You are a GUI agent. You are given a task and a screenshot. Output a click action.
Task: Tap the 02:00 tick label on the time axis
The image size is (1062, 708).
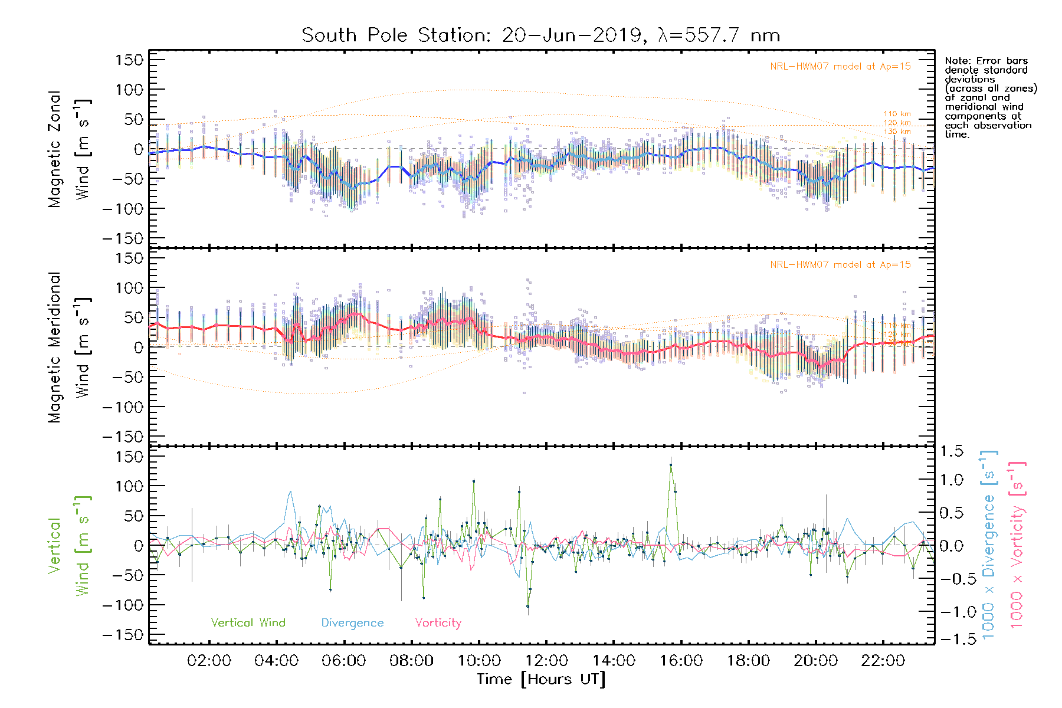[209, 661]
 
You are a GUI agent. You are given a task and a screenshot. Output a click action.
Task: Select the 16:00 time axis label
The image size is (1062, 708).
[681, 661]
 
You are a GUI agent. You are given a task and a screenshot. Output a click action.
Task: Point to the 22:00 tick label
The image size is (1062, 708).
[883, 661]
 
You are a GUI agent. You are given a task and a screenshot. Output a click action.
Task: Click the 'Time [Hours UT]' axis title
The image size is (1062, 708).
[541, 679]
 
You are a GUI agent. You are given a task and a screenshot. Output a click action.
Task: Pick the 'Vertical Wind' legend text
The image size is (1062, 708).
[248, 623]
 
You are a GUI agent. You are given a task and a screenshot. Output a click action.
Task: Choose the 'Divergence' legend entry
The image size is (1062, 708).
[352, 623]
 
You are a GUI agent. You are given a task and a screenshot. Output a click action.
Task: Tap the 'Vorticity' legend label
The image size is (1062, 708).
[438, 623]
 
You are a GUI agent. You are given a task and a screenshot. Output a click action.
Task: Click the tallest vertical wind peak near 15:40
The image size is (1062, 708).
[671, 465]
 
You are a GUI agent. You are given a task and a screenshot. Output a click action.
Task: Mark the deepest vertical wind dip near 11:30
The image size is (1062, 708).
[527, 606]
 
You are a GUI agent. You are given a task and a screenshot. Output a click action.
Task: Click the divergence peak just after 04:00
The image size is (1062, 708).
[290, 491]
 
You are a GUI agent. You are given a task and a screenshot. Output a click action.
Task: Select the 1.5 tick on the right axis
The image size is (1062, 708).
[951, 451]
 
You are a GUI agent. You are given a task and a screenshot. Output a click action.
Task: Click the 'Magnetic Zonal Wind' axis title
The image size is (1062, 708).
[68, 149]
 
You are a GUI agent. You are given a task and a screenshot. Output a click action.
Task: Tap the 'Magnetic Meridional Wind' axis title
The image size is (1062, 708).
[68, 348]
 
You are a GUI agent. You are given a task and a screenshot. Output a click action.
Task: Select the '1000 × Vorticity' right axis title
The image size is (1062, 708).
[1017, 546]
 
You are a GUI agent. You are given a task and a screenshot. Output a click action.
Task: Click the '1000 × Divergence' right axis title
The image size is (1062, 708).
[988, 546]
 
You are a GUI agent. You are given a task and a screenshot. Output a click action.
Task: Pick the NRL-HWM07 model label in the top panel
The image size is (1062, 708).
[840, 67]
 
